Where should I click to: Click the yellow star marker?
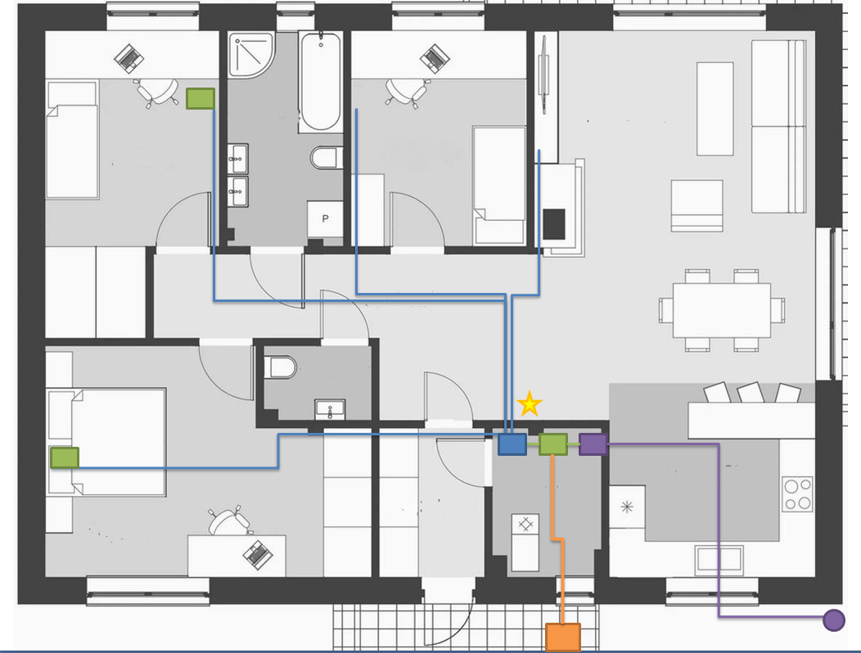click(x=530, y=403)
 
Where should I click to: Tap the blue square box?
click(x=512, y=444)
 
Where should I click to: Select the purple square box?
click(x=593, y=444)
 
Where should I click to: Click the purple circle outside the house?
click(x=833, y=620)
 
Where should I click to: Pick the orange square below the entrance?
click(x=563, y=637)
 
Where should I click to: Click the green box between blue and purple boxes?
click(x=553, y=444)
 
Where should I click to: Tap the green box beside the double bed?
click(x=65, y=457)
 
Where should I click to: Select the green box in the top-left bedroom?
click(x=201, y=99)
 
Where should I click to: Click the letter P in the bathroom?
click(x=325, y=218)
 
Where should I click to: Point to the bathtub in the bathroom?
click(x=320, y=81)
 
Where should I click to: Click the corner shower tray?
click(x=251, y=54)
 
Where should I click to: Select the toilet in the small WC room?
click(x=281, y=367)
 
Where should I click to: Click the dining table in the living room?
click(x=722, y=310)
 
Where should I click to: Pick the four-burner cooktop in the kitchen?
click(x=797, y=494)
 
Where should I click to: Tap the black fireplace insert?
click(x=554, y=224)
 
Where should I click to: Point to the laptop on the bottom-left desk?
click(x=258, y=554)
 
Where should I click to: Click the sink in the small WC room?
click(x=331, y=410)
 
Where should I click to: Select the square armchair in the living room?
click(x=696, y=206)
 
